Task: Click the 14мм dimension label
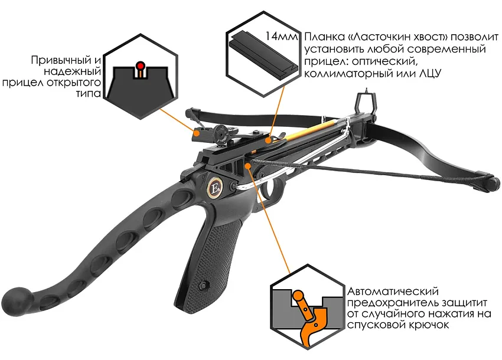point(281,37)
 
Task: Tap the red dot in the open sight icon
point(139,66)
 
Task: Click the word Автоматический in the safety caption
point(393,292)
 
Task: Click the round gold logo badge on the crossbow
point(214,188)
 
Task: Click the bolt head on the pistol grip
point(203,285)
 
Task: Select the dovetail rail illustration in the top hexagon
point(263,54)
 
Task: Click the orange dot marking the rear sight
point(197,132)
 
